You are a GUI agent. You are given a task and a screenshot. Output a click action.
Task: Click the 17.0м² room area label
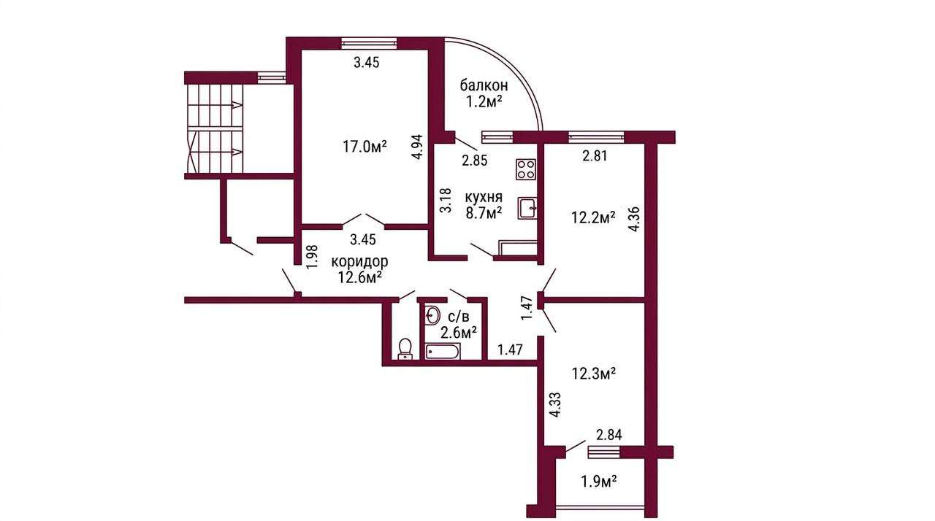click(365, 146)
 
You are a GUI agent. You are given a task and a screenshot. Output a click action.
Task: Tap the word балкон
click(484, 85)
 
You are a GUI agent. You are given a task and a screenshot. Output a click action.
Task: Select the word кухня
click(484, 197)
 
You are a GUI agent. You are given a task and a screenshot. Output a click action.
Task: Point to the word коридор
click(360, 261)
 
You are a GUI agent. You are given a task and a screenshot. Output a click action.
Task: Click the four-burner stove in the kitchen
click(525, 169)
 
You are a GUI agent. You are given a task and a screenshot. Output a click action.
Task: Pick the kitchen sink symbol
click(527, 208)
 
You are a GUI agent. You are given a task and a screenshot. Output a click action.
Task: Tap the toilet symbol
click(405, 349)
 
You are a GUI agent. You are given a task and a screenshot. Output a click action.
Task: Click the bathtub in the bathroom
click(443, 352)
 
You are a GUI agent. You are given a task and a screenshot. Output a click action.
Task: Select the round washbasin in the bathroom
click(432, 315)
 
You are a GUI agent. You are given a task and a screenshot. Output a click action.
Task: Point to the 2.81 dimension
click(595, 156)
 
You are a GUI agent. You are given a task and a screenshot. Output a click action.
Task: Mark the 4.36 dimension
click(635, 220)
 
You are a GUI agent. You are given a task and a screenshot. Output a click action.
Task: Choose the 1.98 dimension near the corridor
click(313, 257)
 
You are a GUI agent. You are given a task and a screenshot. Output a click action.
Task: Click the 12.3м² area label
click(594, 374)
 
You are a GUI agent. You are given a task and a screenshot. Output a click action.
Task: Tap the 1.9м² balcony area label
click(600, 482)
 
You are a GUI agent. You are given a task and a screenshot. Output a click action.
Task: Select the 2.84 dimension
click(609, 435)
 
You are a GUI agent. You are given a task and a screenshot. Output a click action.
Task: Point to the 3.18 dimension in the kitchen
click(446, 201)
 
